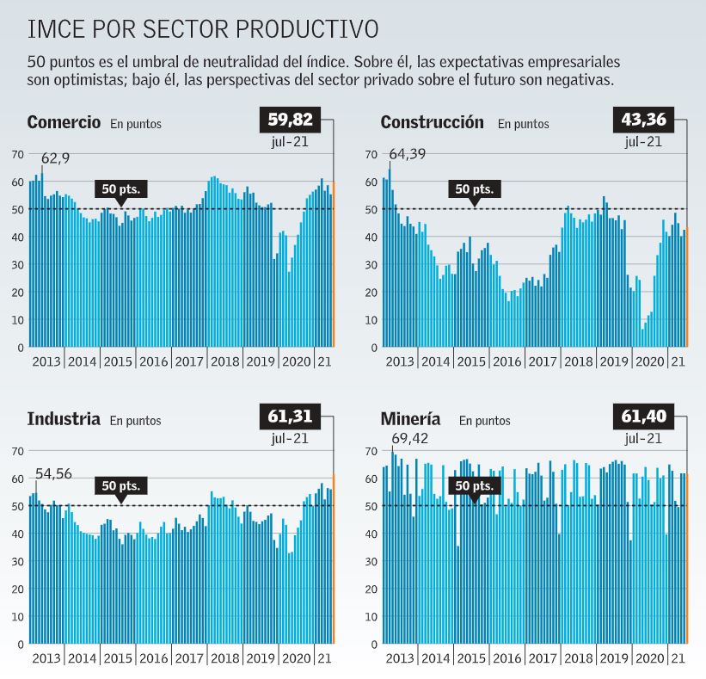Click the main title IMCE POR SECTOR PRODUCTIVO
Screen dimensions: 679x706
[203, 29]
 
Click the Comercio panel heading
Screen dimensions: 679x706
[64, 121]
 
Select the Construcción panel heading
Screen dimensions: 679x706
[432, 121]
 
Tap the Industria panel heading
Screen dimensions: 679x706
[64, 419]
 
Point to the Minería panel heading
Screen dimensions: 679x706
[410, 419]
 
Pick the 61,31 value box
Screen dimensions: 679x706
[289, 417]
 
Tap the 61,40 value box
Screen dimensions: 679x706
[642, 417]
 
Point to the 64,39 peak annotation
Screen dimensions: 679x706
[408, 155]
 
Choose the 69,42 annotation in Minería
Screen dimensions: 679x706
[410, 440]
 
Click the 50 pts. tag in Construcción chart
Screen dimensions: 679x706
[474, 189]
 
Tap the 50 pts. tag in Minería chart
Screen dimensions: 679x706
[474, 486]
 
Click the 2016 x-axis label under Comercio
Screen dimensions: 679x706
[153, 361]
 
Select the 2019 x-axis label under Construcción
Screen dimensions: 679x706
[613, 361]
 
